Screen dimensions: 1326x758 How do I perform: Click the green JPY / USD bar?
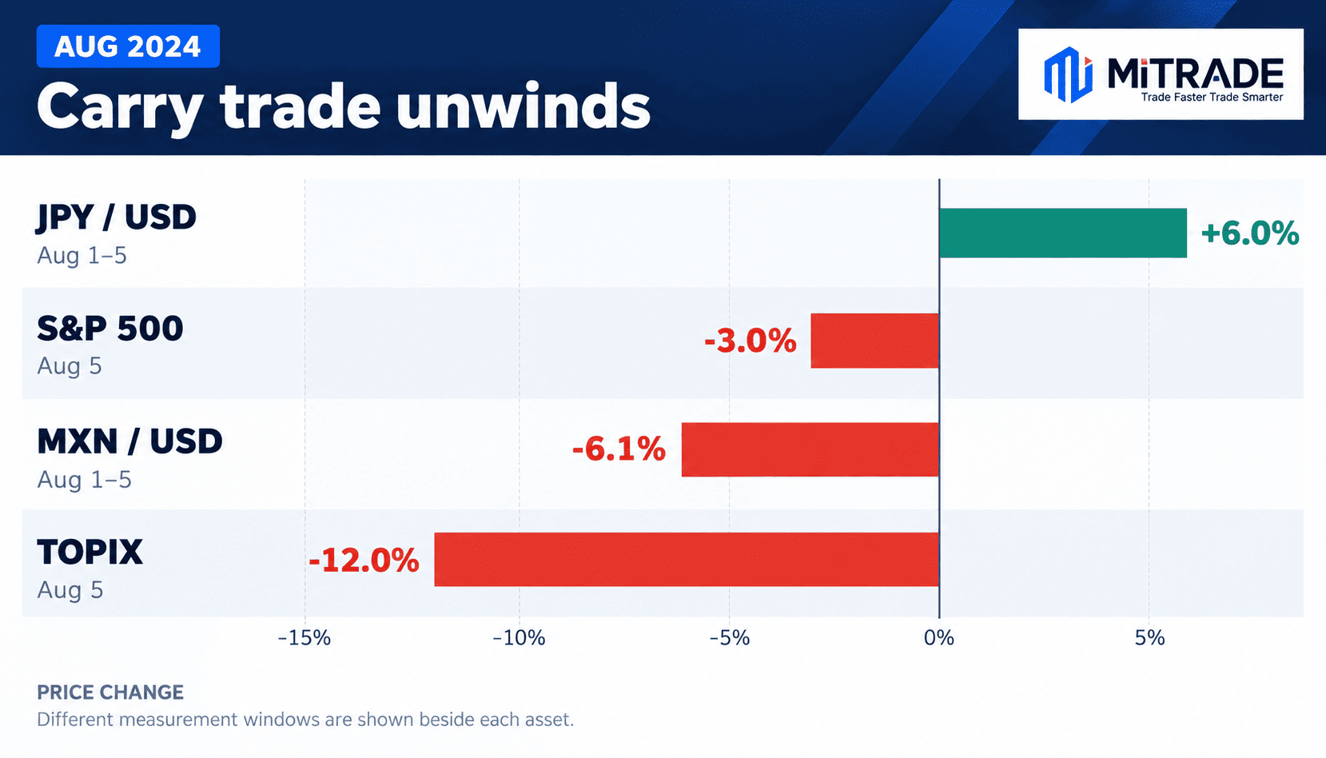point(1063,233)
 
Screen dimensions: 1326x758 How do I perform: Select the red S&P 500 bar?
point(875,341)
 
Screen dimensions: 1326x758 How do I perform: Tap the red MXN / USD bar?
point(810,449)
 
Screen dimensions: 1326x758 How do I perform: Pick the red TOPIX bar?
point(687,559)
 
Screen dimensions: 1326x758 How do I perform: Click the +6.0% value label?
point(1249,233)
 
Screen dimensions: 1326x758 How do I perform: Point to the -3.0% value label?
point(751,341)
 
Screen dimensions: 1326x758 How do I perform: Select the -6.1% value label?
point(619,449)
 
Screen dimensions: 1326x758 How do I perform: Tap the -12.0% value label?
point(364,561)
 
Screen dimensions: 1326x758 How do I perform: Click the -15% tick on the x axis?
point(305,638)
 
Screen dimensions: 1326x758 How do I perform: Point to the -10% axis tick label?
point(519,638)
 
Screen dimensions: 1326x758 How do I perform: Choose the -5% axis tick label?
point(729,638)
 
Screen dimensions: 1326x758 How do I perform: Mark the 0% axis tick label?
point(939,638)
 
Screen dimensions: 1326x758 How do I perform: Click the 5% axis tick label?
point(1149,638)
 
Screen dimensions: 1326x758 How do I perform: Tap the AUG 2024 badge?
point(128,46)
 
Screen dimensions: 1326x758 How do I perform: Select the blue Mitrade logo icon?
point(1069,74)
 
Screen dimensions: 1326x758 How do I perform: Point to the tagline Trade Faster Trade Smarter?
point(1212,97)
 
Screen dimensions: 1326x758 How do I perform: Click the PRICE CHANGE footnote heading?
point(110,692)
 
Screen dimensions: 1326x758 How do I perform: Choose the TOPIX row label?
point(90,552)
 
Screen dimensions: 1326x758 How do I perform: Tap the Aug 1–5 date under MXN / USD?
point(84,480)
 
